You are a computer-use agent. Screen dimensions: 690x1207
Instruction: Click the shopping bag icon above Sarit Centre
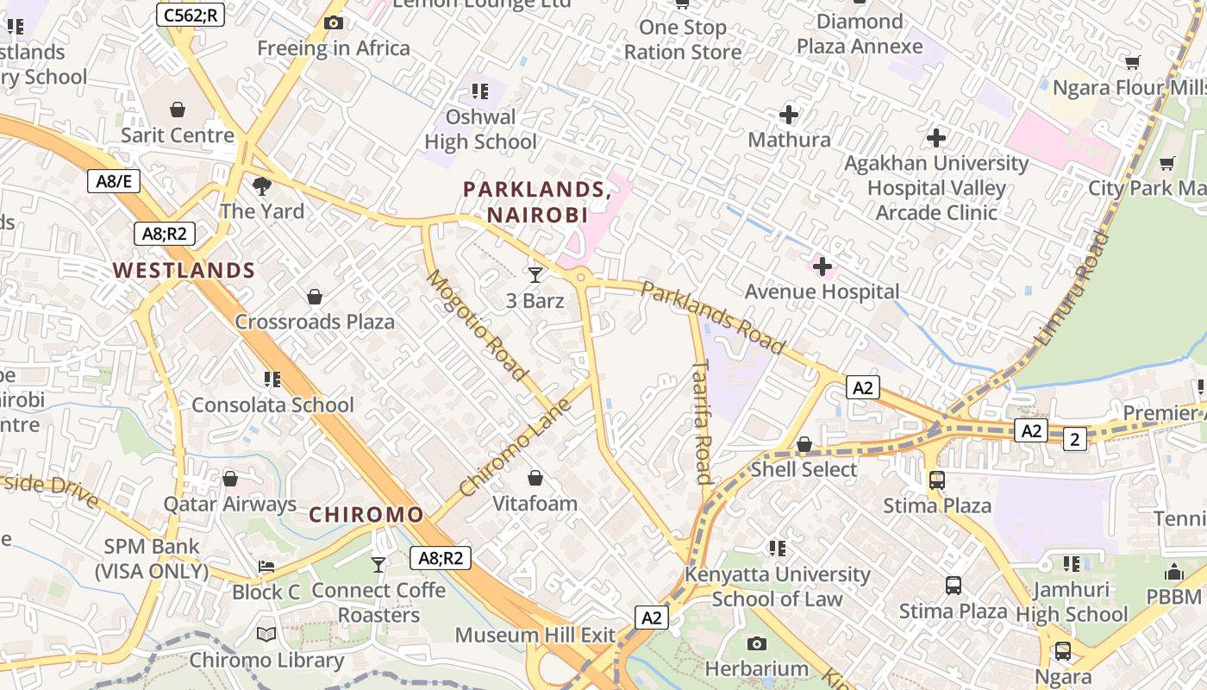[x=178, y=110]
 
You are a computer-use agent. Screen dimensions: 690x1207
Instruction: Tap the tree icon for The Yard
[x=262, y=185]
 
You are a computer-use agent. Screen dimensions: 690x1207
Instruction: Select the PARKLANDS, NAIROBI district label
[x=536, y=202]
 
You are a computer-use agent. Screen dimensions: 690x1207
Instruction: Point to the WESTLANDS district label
[x=184, y=270]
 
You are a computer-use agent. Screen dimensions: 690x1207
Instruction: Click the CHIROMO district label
[x=366, y=515]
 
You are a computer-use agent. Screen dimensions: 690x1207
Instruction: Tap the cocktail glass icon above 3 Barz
[x=535, y=275]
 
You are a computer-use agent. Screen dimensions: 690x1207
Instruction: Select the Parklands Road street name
[x=713, y=317]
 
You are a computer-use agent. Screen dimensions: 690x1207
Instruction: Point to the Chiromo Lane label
[x=516, y=447]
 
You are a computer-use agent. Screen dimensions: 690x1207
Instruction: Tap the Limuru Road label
[x=1071, y=288]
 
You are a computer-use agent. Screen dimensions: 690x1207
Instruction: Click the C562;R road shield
[x=191, y=14]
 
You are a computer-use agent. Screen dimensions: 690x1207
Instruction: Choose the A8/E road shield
[x=114, y=181]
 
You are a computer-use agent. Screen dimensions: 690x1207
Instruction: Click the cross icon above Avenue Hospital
[x=822, y=267]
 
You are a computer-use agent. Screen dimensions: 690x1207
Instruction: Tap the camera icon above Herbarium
[x=757, y=643]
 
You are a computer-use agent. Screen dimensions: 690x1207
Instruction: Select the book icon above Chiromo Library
[x=266, y=635]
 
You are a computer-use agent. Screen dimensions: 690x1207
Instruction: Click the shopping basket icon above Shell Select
[x=804, y=444]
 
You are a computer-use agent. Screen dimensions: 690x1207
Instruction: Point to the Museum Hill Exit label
[x=535, y=636]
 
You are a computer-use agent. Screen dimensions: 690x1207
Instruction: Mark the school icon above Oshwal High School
[x=480, y=91]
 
